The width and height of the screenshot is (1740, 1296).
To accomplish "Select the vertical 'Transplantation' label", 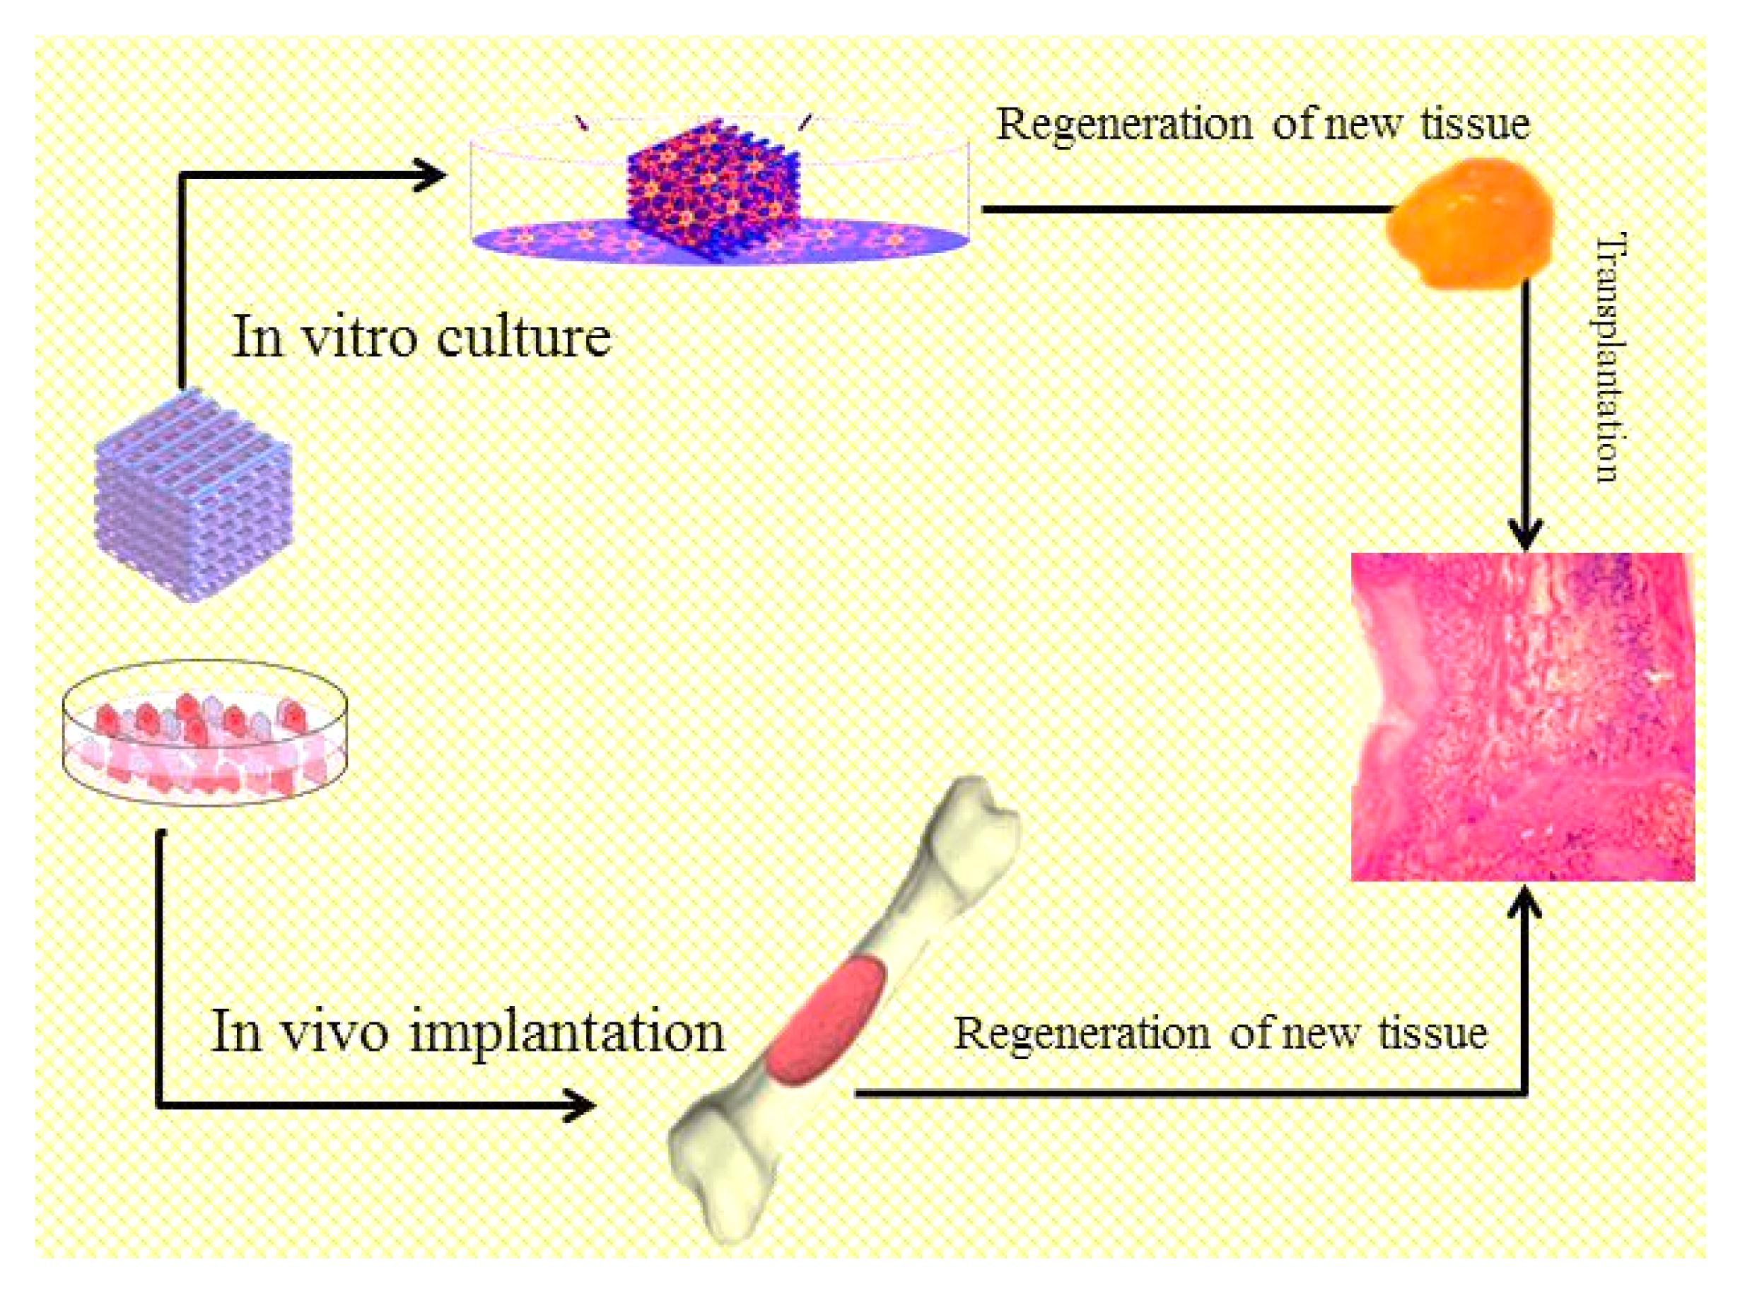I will (x=1606, y=357).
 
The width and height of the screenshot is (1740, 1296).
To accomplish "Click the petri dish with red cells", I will (x=205, y=733).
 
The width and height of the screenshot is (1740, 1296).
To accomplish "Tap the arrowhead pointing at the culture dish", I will (x=429, y=175).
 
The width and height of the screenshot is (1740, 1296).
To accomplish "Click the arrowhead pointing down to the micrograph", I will (x=1525, y=535).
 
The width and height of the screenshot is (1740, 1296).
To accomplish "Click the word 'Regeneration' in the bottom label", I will (x=1082, y=1034).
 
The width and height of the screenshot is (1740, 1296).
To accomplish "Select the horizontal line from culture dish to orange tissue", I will (x=1184, y=209).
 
